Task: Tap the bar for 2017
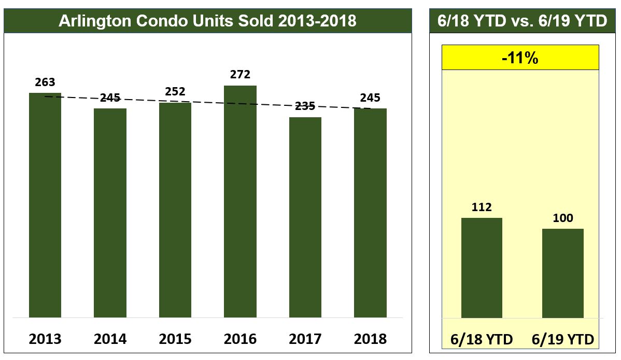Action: pos(305,217)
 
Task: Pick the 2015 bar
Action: pos(175,210)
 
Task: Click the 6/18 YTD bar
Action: pos(482,268)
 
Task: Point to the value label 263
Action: pos(45,82)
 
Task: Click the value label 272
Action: pos(240,75)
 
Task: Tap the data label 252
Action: pos(175,92)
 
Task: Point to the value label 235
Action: pos(305,106)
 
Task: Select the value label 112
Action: pos(482,207)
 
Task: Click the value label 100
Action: pos(563,218)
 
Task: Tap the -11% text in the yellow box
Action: pos(520,58)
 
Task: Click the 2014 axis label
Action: pos(110,339)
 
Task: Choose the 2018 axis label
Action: pos(370,339)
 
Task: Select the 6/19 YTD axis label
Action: pos(563,340)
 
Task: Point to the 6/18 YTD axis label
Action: pos(482,340)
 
